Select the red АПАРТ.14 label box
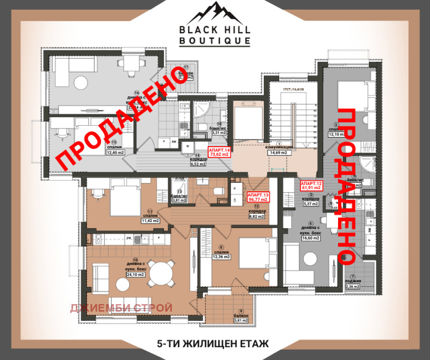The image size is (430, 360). point(219,152)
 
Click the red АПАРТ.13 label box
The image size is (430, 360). point(257,197)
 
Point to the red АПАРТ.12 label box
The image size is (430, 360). point(311,186)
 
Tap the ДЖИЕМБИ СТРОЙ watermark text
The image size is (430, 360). point(121,308)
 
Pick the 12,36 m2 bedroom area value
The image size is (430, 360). point(221,257)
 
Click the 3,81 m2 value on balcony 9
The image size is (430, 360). point(240,321)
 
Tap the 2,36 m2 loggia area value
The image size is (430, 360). point(353,286)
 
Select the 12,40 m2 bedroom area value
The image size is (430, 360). point(114,153)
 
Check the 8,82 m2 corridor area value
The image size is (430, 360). point(257,217)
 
